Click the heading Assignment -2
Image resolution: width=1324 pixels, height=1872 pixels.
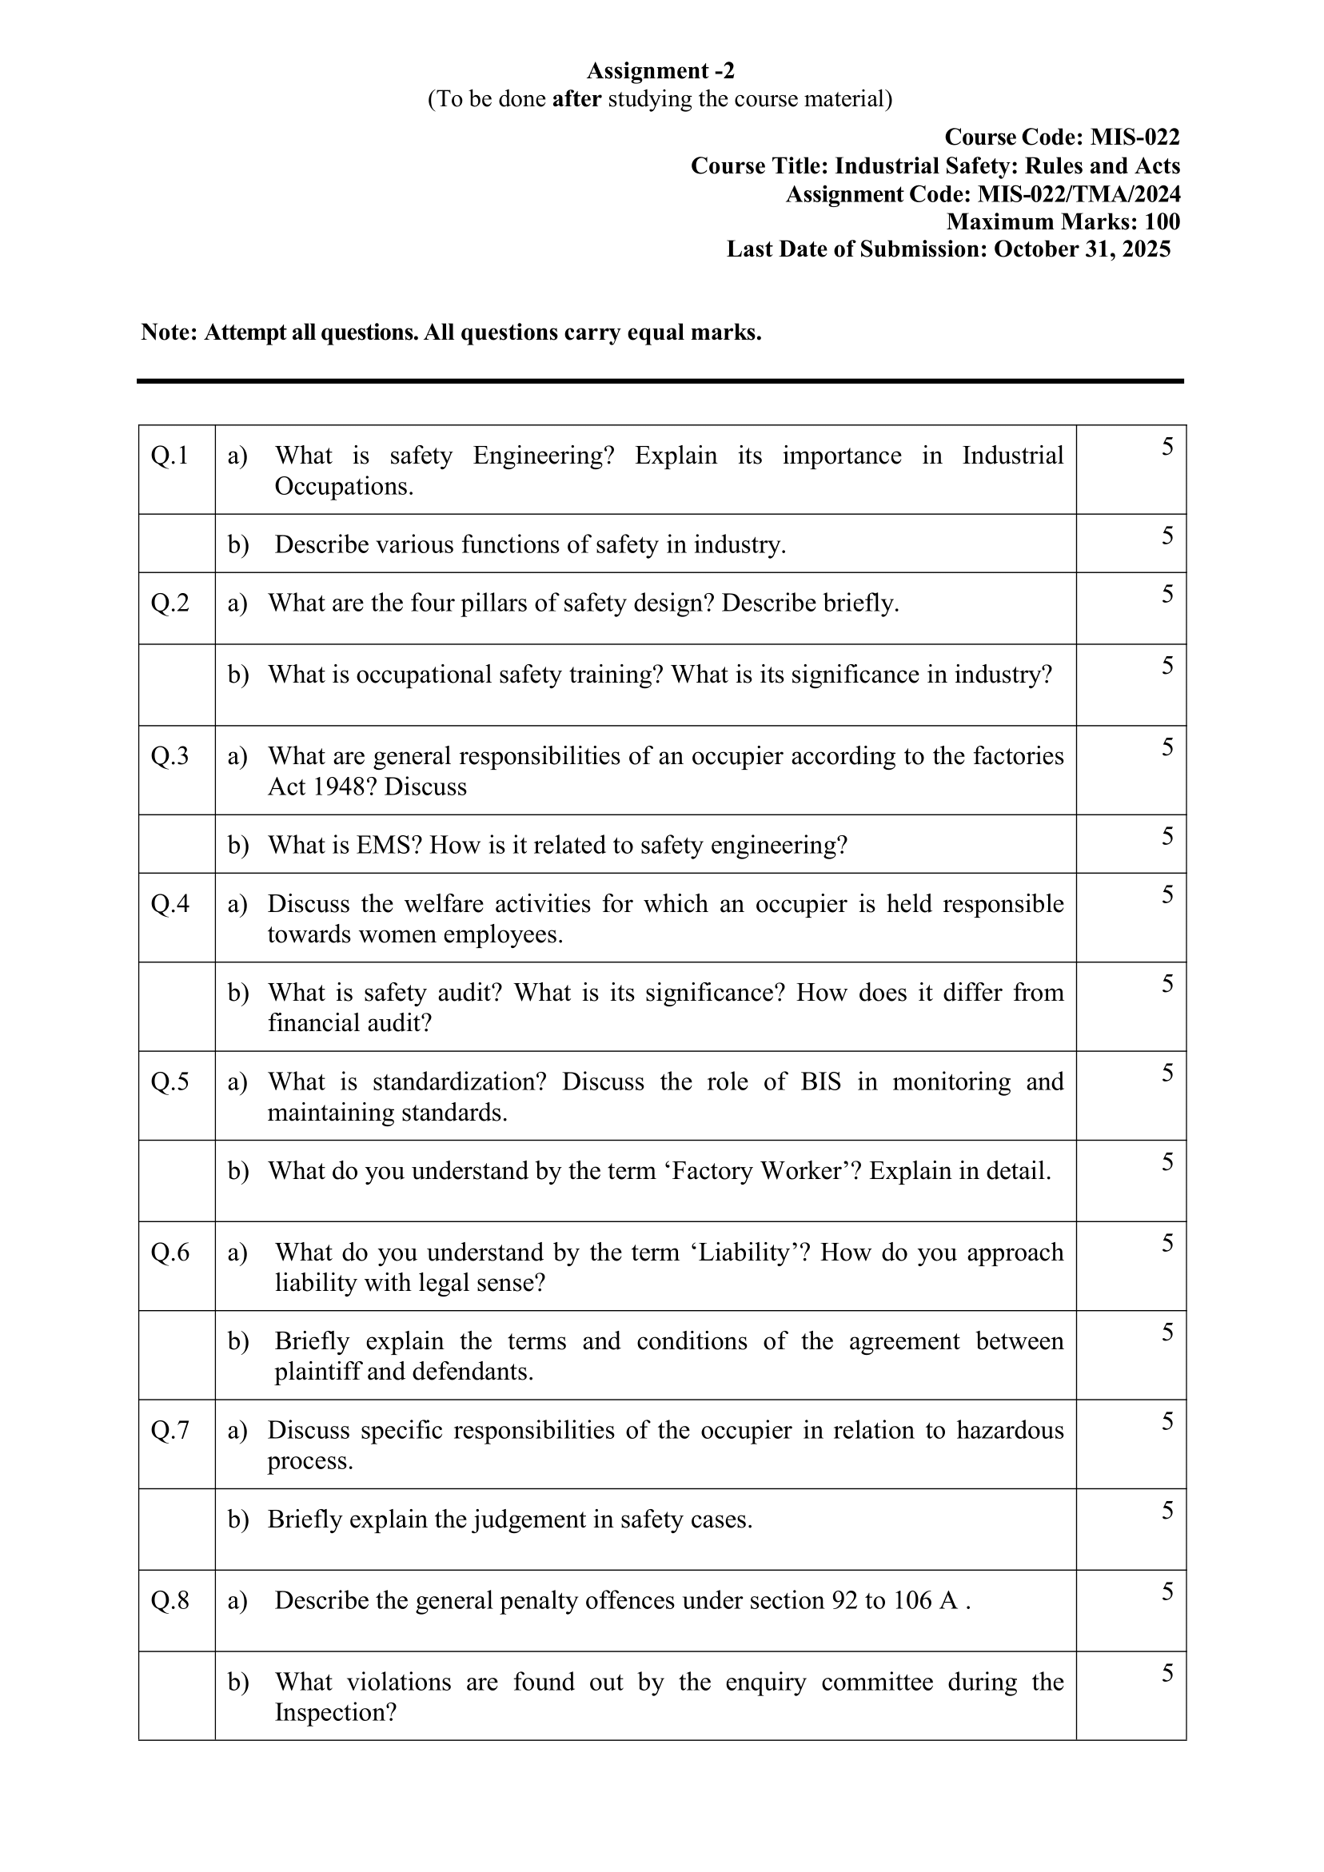[660, 71]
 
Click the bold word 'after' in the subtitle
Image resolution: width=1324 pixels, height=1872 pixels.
[576, 99]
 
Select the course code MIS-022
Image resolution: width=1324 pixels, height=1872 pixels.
[1135, 137]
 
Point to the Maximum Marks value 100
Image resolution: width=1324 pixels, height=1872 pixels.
[1162, 221]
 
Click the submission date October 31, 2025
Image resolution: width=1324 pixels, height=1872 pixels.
[1082, 249]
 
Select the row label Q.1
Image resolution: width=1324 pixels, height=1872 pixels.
[169, 456]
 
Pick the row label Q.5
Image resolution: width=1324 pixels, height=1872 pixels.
[169, 1082]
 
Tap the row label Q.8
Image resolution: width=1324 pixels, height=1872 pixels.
[169, 1600]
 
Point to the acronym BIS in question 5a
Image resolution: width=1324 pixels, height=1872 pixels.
[820, 1082]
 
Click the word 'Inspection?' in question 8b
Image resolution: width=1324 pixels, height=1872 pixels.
[335, 1713]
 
